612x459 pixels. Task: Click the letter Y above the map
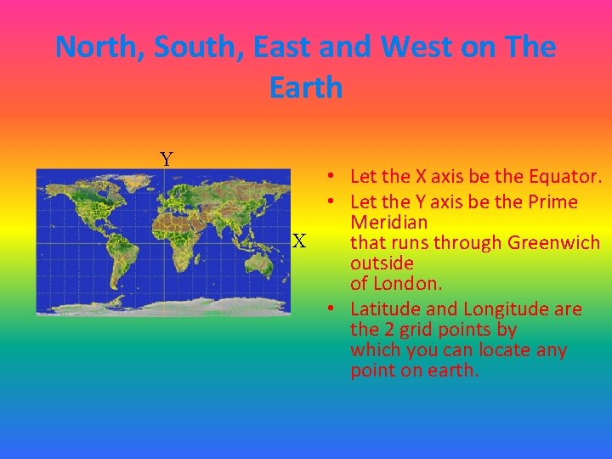tap(167, 159)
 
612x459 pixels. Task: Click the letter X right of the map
tap(299, 241)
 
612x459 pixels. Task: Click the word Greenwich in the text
tap(553, 242)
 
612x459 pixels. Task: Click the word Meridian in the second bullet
tap(388, 222)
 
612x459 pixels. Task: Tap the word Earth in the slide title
tap(306, 87)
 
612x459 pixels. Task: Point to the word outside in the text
tap(382, 263)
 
